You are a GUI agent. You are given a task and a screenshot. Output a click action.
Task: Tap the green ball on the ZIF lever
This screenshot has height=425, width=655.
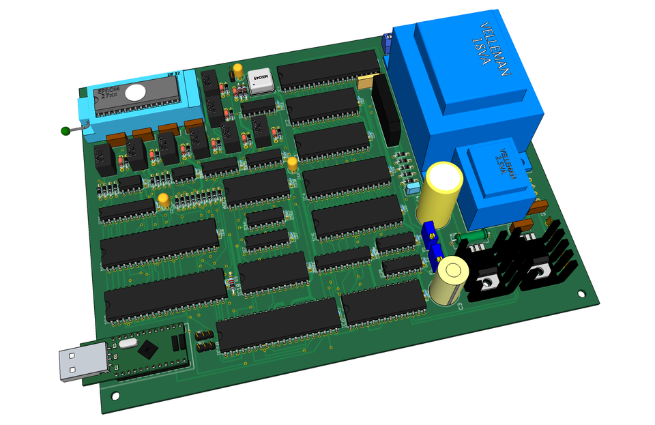[x=65, y=130]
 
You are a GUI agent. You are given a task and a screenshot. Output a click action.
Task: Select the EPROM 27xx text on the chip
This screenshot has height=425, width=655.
[x=109, y=93]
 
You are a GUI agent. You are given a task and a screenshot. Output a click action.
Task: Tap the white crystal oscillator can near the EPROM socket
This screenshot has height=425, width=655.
[x=260, y=80]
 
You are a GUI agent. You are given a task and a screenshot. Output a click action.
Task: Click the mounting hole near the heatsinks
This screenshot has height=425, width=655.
[x=581, y=294]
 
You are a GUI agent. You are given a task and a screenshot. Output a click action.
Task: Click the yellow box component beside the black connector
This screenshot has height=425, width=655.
[x=366, y=82]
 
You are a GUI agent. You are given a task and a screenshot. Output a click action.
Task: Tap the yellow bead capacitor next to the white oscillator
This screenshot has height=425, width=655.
[x=238, y=70]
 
